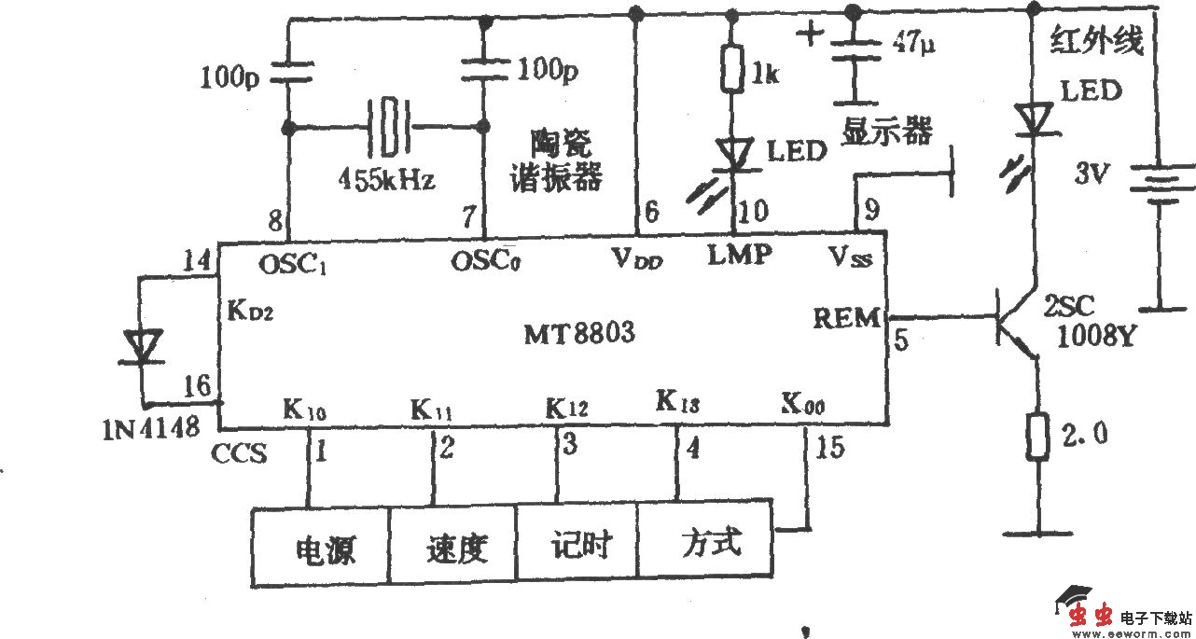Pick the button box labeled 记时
578,545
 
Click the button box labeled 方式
706,542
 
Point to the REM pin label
845,319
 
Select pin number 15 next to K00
829,448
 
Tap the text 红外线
1097,42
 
